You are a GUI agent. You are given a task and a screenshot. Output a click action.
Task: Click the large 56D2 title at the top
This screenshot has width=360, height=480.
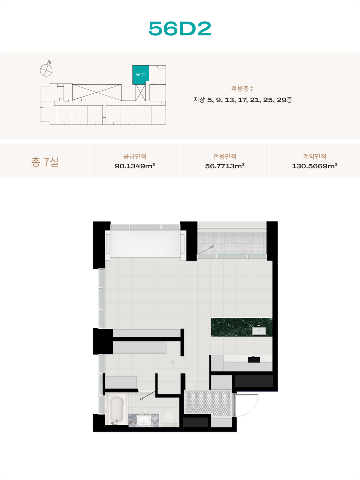point(180,28)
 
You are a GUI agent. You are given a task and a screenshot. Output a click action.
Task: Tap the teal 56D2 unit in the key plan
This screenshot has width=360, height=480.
point(140,75)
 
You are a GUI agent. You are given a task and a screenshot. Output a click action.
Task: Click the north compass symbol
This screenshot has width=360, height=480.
point(46,69)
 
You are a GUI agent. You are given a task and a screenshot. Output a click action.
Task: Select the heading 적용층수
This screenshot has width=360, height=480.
point(243,88)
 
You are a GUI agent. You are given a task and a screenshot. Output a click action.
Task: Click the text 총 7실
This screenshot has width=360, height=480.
point(45,162)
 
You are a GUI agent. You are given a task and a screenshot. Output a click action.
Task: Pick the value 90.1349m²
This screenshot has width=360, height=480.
point(135,166)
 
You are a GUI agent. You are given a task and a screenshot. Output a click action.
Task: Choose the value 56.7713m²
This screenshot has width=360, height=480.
point(225,166)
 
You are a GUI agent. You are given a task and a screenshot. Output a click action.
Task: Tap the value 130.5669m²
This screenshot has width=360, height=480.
point(315,166)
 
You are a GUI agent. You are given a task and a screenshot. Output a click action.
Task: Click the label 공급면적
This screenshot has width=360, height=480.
point(135,156)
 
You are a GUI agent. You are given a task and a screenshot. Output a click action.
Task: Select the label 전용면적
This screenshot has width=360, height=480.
point(225,156)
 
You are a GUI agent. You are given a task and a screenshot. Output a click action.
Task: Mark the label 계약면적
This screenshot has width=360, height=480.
point(315,156)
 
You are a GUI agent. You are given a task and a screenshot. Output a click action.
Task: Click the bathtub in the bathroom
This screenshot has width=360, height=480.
point(117,409)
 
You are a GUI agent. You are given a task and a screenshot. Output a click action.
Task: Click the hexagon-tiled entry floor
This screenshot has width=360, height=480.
point(208,403)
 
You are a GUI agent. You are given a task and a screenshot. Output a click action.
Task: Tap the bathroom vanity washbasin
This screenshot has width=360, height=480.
point(144,420)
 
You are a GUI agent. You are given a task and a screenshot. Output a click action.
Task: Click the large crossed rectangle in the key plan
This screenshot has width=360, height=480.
point(97,92)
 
